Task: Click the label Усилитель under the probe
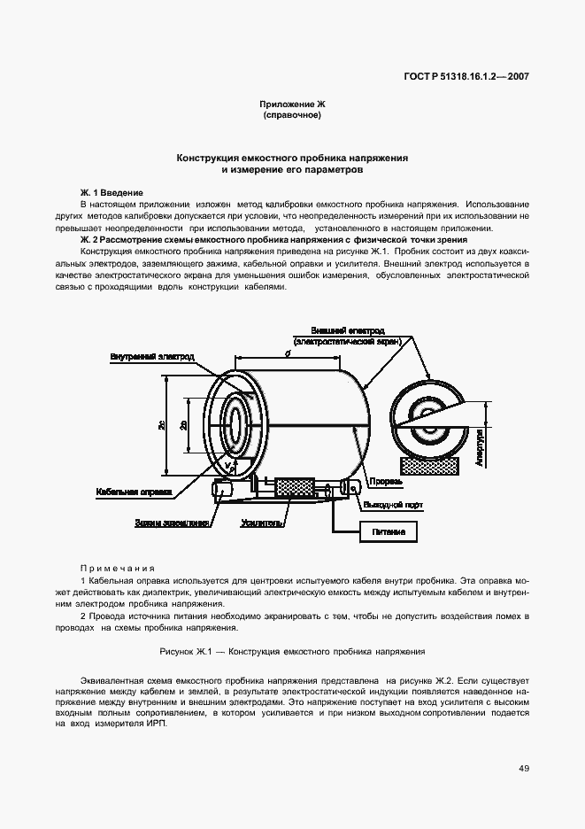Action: coord(262,523)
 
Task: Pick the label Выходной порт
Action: coord(391,505)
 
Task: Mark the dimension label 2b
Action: coord(183,425)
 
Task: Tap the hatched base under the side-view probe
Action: coord(428,464)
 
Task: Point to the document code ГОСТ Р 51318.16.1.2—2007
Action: coord(459,75)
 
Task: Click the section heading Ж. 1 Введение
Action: coord(112,193)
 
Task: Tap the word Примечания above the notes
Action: coord(118,568)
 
